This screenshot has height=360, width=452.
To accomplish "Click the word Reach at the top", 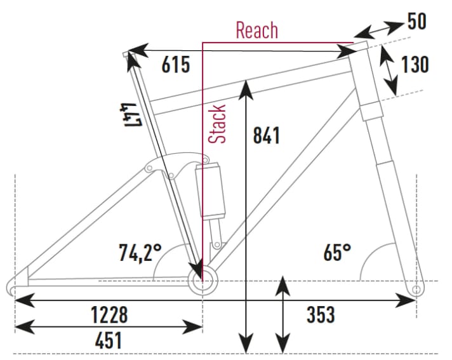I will (256, 30).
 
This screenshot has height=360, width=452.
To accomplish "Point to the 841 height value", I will (266, 135).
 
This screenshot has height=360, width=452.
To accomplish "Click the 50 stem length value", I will (416, 22).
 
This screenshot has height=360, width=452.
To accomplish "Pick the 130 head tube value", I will (415, 65).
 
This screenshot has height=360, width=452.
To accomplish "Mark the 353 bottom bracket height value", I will (321, 314).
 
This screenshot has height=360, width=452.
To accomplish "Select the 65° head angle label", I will (337, 253).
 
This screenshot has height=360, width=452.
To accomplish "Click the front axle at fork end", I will (415, 290).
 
